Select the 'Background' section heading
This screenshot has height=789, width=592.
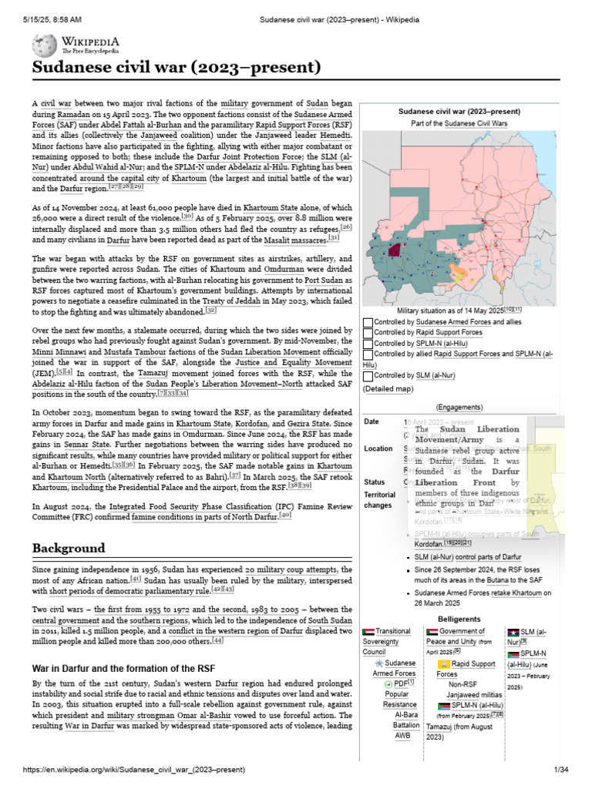click(x=69, y=548)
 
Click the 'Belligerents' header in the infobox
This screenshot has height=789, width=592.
click(x=459, y=619)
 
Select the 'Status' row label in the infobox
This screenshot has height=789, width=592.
click(x=375, y=482)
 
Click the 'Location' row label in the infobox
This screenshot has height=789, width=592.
click(x=378, y=448)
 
